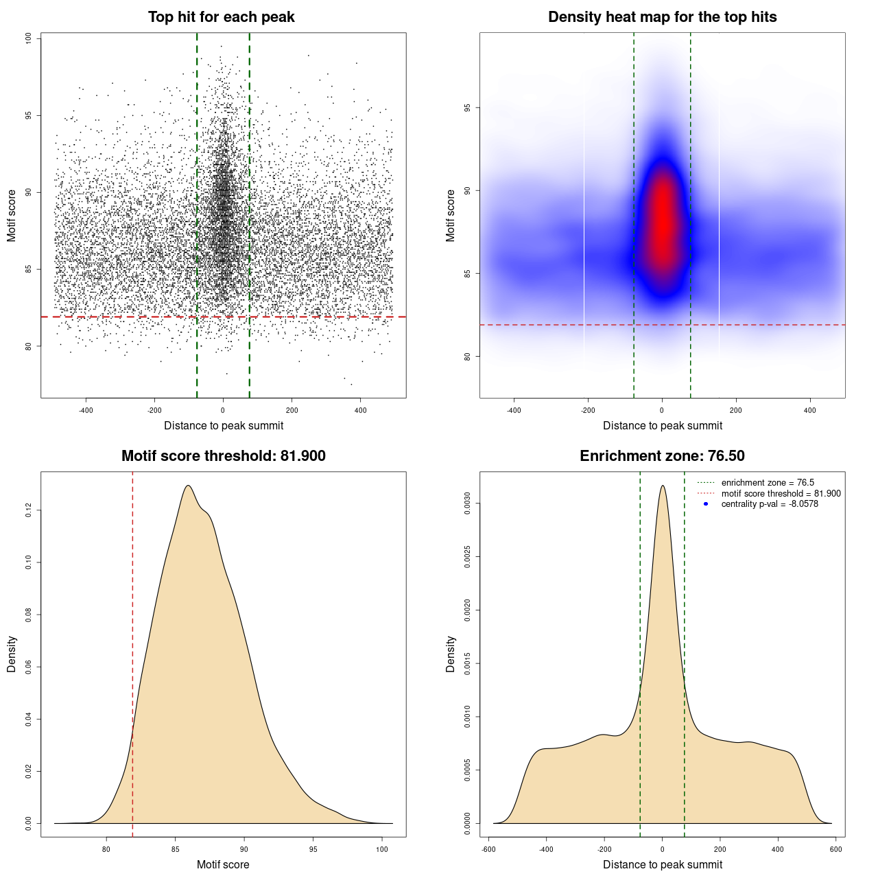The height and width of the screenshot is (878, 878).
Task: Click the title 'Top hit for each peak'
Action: pos(222,17)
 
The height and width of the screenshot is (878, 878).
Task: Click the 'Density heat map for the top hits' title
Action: pos(662,17)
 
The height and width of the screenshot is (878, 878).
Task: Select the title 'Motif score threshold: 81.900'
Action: pos(223,456)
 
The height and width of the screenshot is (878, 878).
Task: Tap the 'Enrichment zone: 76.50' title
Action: pos(662,456)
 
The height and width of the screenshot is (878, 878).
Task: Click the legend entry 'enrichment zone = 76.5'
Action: pos(768,483)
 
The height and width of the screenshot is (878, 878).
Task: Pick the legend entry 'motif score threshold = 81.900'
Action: pos(781,494)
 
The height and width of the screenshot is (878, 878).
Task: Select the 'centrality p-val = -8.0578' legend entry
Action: pos(770,504)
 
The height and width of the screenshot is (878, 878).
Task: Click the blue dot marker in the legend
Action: pos(706,504)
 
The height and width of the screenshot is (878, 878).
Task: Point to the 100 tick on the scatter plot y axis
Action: pos(29,38)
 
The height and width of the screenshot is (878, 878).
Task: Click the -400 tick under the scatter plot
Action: pos(86,411)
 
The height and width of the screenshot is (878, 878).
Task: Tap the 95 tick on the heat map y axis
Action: pos(467,108)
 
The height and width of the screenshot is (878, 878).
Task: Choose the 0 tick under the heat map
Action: pos(662,411)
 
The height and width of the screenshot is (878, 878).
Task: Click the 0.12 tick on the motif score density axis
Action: pos(29,510)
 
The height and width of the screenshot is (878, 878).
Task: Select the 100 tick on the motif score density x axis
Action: pos(382,849)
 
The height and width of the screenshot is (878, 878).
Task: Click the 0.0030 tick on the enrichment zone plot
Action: pos(467,503)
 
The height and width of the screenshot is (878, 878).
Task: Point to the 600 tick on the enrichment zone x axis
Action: pos(835,849)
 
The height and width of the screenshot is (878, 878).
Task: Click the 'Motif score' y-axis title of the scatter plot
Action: pos(12,215)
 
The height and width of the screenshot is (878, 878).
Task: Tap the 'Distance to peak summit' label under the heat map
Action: pos(662,426)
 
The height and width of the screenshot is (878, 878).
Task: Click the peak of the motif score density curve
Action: pos(187,486)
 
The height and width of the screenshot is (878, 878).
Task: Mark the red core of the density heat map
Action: pos(663,219)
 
